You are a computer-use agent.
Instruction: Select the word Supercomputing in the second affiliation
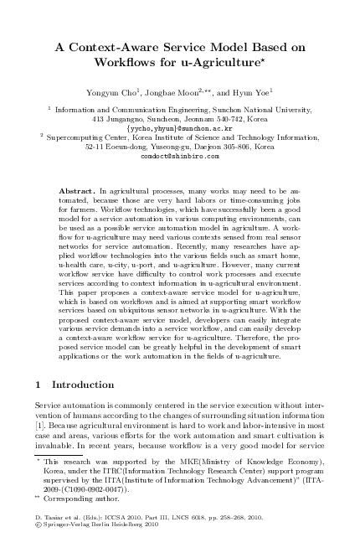tap(78, 137)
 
